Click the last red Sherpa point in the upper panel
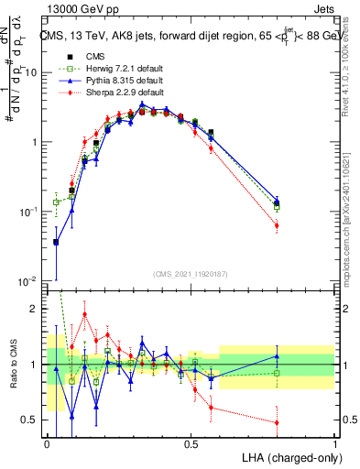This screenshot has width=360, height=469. tap(277, 225)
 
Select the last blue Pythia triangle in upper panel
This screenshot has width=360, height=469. tap(277, 199)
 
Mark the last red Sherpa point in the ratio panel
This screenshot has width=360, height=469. tap(277, 422)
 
